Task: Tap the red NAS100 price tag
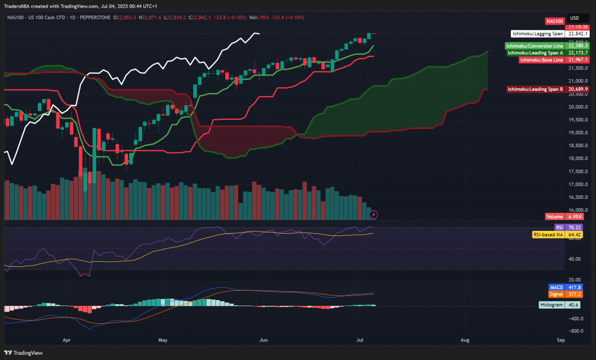coord(555,21)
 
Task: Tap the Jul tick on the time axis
coord(360,338)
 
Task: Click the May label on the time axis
coord(162,338)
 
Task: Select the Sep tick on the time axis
coord(560,338)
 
